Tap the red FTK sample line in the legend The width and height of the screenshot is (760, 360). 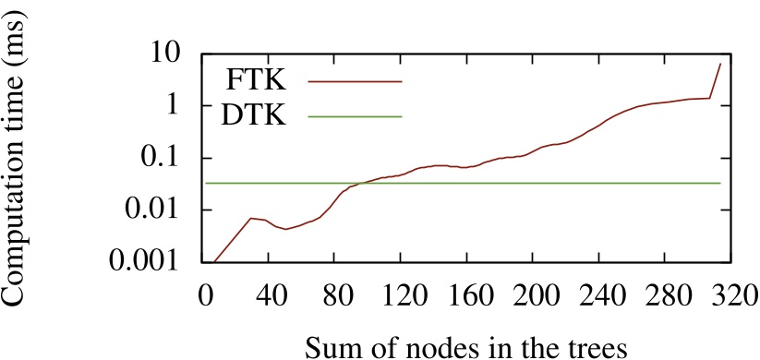coord(356,81)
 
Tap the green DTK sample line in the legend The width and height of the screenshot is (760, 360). coord(356,116)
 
